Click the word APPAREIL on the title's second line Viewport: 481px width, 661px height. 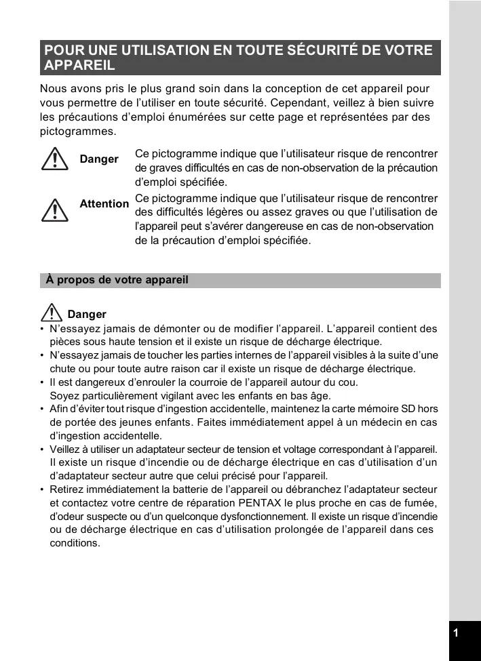coord(79,66)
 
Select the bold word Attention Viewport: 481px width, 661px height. coord(104,203)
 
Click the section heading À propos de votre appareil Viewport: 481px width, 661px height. coord(117,280)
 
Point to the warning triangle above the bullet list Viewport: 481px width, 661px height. coord(52,313)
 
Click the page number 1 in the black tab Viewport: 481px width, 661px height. coord(456,633)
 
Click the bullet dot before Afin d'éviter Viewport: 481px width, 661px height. coord(42,409)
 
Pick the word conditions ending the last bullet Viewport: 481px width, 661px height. coord(75,543)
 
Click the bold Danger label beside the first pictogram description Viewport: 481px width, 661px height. coord(99,159)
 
